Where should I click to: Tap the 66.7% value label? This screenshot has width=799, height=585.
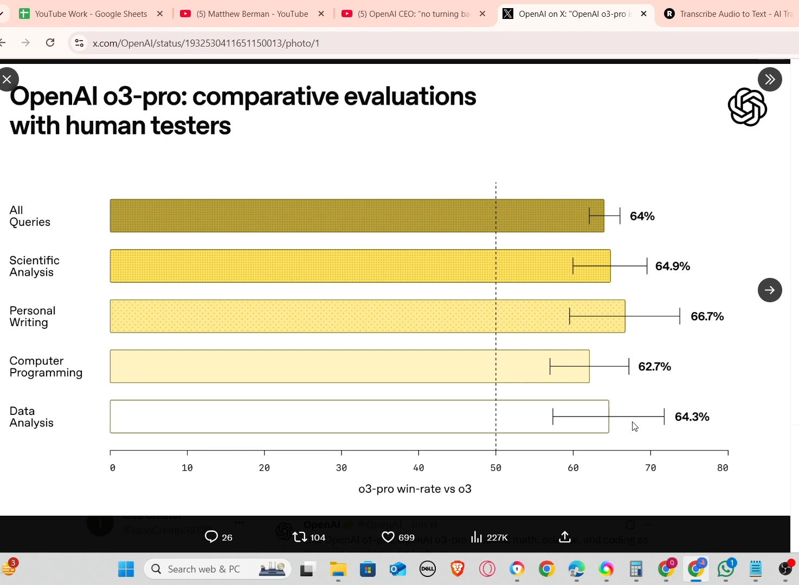click(707, 316)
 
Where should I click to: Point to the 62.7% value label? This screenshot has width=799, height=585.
click(654, 367)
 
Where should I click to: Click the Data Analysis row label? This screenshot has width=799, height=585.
click(31, 417)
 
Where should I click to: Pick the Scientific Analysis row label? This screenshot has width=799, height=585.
click(34, 266)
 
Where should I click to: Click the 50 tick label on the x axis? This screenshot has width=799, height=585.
click(495, 468)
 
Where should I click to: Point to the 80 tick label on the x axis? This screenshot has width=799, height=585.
click(722, 468)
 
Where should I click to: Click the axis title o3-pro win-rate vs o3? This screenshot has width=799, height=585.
click(415, 489)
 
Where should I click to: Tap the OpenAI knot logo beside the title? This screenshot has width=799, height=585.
click(747, 107)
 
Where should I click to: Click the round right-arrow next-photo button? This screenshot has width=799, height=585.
click(770, 290)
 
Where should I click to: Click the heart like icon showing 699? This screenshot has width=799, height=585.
click(388, 537)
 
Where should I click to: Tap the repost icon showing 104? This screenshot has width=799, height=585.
click(299, 537)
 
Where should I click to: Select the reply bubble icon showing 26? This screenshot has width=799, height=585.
click(211, 537)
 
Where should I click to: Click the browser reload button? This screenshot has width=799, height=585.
click(50, 43)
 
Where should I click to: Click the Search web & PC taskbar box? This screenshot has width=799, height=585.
click(217, 569)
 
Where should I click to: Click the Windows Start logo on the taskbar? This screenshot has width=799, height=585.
click(126, 569)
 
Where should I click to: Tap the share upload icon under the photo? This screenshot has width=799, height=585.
click(565, 537)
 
